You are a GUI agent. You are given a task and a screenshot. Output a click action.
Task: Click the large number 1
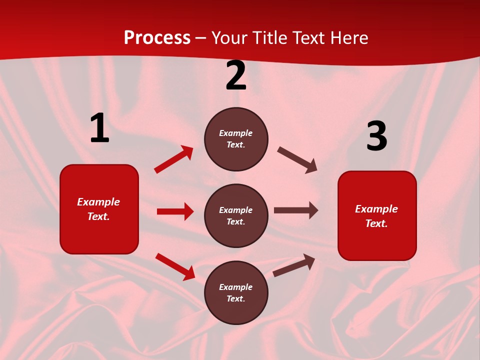pos(99,128)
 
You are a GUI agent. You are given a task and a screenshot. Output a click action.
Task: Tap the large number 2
pos(236,75)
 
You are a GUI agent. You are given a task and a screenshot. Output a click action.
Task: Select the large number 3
pos(376,136)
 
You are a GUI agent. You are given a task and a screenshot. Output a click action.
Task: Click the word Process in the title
pos(157,38)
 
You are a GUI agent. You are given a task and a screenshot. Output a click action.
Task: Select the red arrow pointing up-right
pos(174,159)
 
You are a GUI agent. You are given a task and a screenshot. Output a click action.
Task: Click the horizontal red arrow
pos(175,211)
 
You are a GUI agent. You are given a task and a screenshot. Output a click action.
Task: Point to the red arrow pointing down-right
pos(175,266)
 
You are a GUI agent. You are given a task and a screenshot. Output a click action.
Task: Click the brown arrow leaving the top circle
pos(297,160)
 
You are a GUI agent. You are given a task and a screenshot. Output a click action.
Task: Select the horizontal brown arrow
pos(296,210)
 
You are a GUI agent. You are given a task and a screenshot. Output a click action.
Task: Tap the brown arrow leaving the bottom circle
pos(294,265)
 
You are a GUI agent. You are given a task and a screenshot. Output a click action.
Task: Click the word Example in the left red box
pos(98,202)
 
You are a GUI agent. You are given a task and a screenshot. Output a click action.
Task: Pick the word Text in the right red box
pos(375,223)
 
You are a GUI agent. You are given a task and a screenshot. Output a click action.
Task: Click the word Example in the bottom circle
pos(236,287)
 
